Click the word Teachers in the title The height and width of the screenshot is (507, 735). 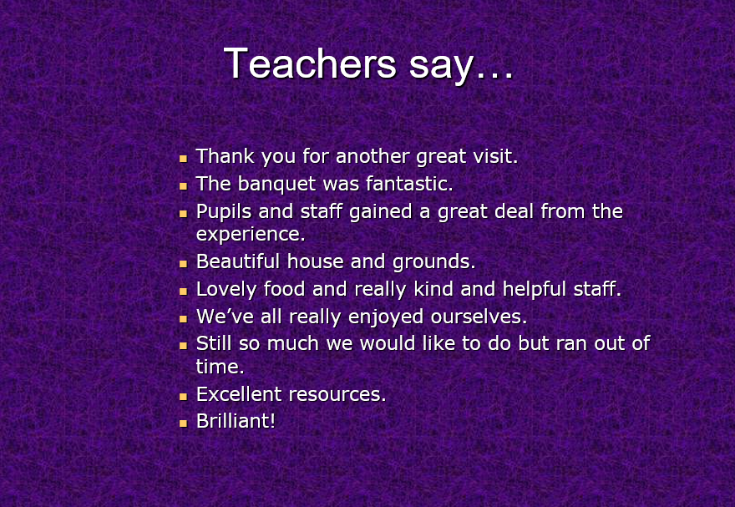[x=311, y=63]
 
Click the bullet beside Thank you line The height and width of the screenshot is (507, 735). [x=183, y=159]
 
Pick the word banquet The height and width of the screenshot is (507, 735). [x=276, y=184]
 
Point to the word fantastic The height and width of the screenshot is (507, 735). [x=409, y=183]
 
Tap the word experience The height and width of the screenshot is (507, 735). [x=251, y=234]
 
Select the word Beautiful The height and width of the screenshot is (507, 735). [x=238, y=261]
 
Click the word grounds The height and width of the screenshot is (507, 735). [x=434, y=262]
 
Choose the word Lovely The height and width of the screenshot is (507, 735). [x=226, y=289]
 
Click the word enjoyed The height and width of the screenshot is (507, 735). [x=385, y=317]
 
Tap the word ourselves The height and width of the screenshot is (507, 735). [x=479, y=317]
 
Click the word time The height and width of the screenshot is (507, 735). [x=220, y=367]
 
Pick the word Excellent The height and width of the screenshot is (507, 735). [x=239, y=394]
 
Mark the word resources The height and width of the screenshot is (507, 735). [x=337, y=394]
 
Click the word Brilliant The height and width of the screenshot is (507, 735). [x=236, y=421]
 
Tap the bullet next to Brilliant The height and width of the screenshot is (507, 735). [x=183, y=423]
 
